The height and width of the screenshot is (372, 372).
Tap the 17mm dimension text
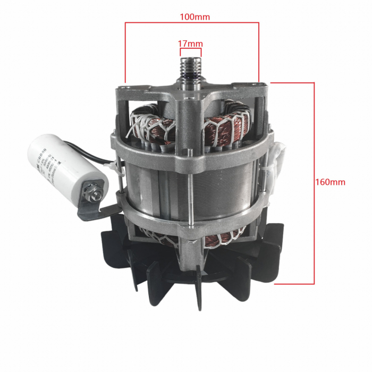(191, 43)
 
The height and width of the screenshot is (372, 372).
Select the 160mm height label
(331, 182)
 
